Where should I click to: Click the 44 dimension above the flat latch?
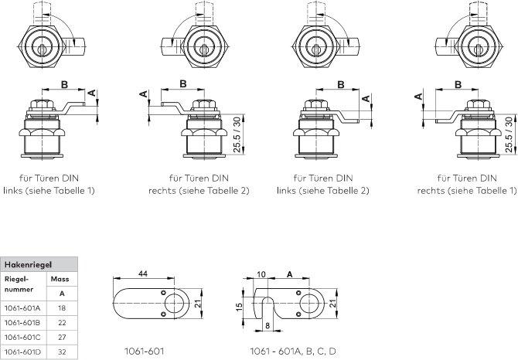(x=143, y=273)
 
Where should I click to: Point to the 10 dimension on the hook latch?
(x=261, y=273)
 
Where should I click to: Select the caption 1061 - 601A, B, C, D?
(x=293, y=352)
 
